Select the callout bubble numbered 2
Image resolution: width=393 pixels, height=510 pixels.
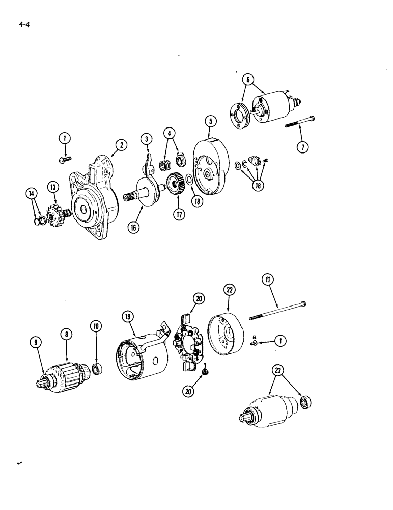[x=121, y=144]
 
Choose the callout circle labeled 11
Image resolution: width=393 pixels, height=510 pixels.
[x=268, y=278]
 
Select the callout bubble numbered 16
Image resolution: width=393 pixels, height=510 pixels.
[x=133, y=228]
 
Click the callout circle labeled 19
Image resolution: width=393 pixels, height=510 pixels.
[x=128, y=317]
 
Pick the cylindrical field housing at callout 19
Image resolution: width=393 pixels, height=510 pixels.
[x=143, y=354]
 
